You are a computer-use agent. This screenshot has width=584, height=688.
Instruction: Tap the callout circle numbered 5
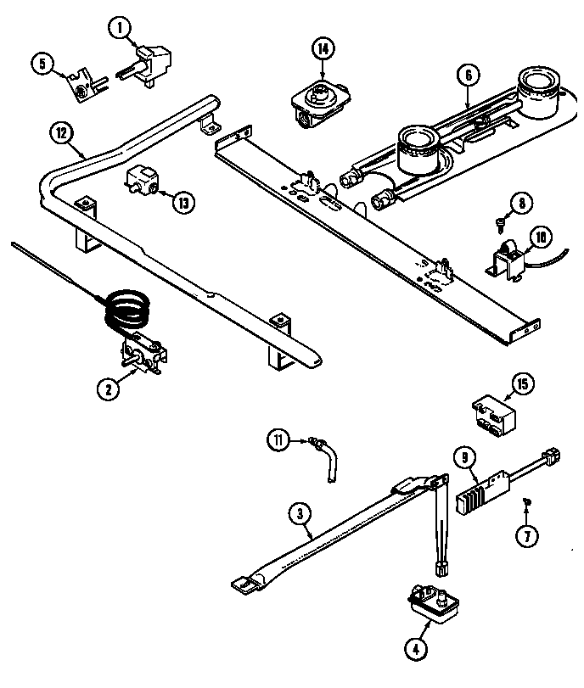tap(42, 64)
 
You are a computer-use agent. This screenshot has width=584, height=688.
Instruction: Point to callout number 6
tap(466, 74)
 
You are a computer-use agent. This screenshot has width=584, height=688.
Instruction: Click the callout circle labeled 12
tap(61, 132)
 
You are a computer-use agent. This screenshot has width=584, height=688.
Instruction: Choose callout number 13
tap(182, 202)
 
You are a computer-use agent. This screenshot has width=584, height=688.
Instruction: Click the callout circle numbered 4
tap(416, 651)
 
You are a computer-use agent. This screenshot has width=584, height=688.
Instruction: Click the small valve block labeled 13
tap(142, 182)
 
